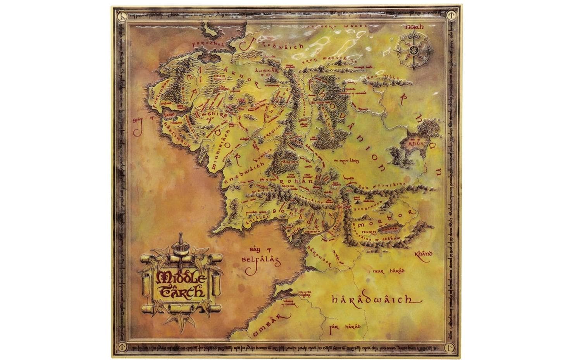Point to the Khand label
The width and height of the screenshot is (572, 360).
(423, 255)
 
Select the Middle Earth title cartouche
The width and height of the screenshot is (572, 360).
(181, 279)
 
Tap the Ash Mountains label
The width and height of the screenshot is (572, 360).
(381, 186)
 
